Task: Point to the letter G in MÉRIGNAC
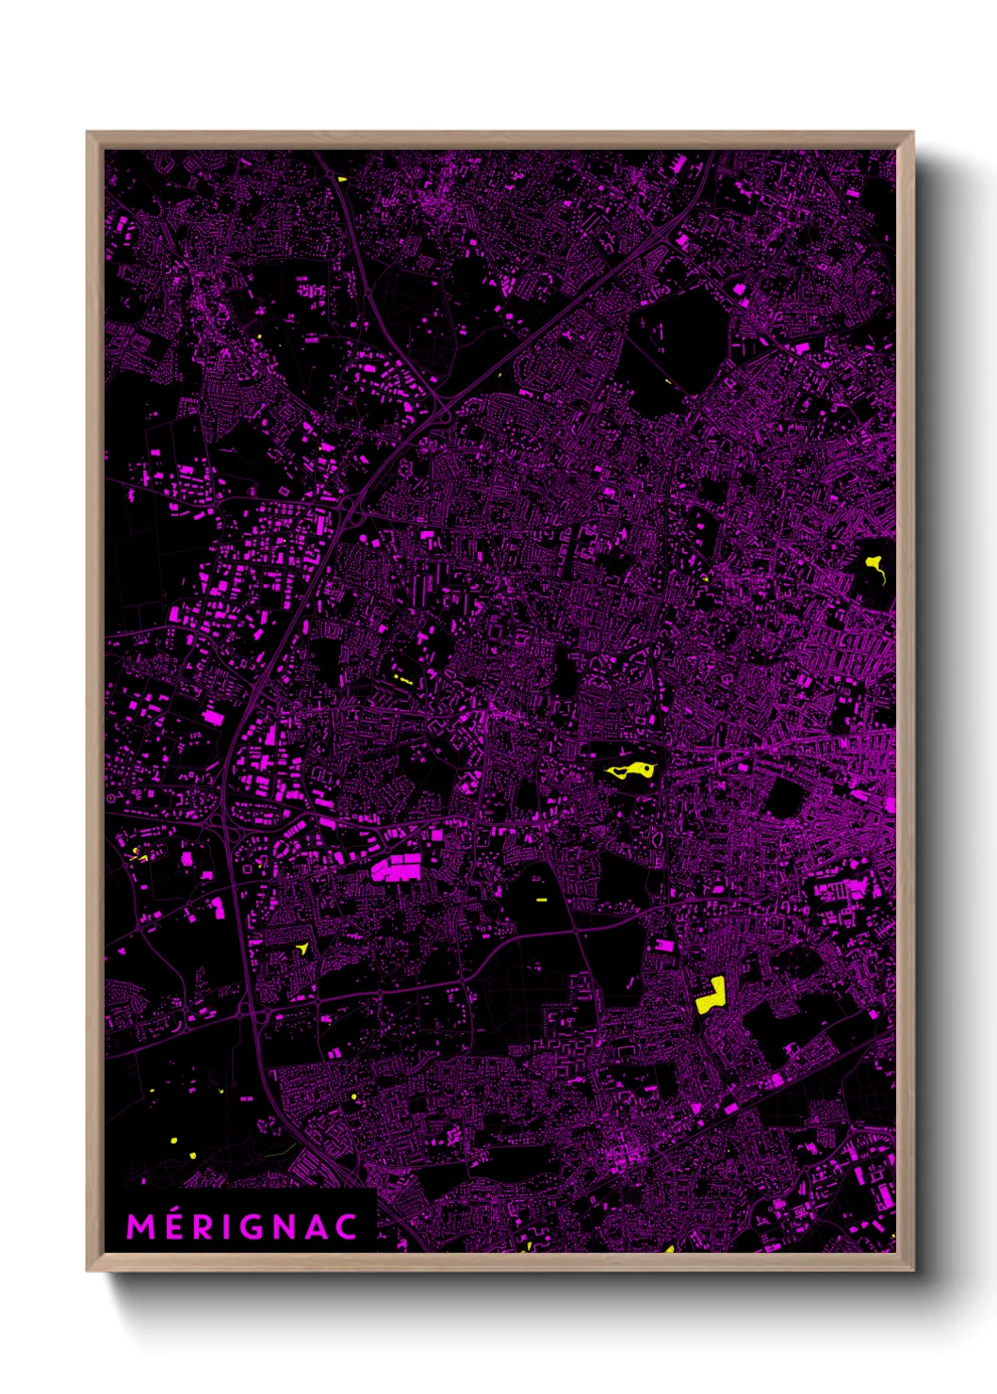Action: pos(269,1227)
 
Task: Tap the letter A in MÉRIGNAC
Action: pos(326,1227)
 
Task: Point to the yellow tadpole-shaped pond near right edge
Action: pos(874,566)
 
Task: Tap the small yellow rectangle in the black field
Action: pos(542,900)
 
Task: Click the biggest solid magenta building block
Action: pos(396,867)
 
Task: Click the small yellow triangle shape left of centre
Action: pos(303,948)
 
